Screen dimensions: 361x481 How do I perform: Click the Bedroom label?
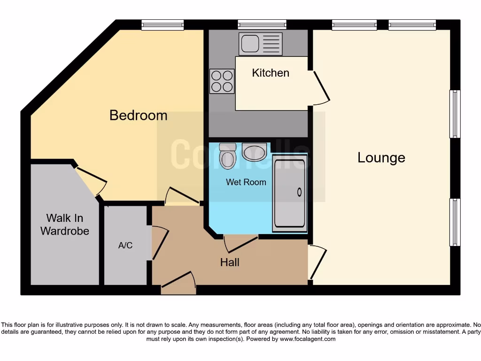pyautogui.click(x=138, y=115)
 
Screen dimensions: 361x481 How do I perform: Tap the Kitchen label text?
pyautogui.click(x=271, y=73)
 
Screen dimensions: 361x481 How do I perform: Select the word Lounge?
pyautogui.click(x=381, y=157)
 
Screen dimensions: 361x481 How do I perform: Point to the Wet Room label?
pyautogui.click(x=246, y=182)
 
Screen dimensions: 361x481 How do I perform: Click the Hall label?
pyautogui.click(x=230, y=262)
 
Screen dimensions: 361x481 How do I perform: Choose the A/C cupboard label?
pyautogui.click(x=124, y=245)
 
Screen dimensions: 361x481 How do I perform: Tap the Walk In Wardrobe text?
pyautogui.click(x=64, y=225)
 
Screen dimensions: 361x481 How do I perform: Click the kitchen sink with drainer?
pyautogui.click(x=260, y=44)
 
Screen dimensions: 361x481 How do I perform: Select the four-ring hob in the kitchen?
pyautogui.click(x=222, y=81)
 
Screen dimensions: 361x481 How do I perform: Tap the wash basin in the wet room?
pyautogui.click(x=255, y=152)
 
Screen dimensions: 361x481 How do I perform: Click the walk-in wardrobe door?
pyautogui.click(x=91, y=181)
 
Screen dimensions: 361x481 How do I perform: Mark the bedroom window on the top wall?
pyautogui.click(x=163, y=24)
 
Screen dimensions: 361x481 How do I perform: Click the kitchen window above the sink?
pyautogui.click(x=262, y=24)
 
